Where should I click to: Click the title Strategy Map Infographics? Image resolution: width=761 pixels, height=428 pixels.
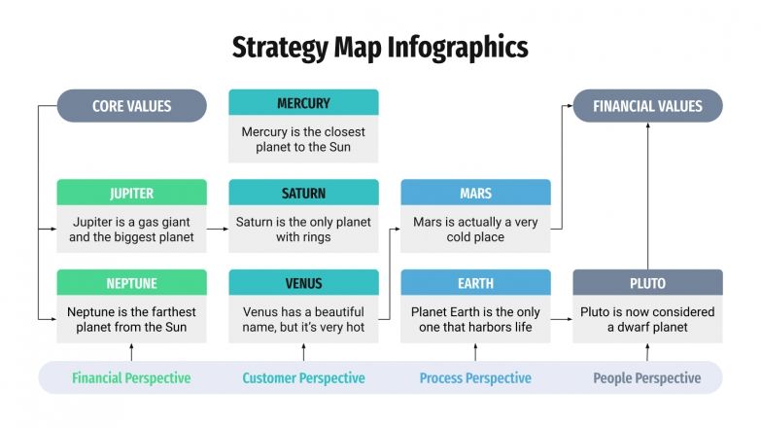pos(380,47)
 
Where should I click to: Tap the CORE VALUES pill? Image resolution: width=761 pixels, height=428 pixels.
pos(131,106)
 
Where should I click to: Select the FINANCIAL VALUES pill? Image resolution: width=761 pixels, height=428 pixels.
pos(647,106)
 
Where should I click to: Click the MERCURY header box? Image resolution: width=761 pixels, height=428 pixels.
pos(303,103)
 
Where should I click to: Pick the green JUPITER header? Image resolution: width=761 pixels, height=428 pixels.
pos(131,193)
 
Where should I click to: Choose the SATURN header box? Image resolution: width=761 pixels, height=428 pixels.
pos(303,193)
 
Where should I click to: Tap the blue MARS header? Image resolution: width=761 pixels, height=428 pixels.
pos(475,193)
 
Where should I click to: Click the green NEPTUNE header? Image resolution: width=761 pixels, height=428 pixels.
pos(131,283)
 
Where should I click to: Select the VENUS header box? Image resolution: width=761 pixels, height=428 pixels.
pos(303,283)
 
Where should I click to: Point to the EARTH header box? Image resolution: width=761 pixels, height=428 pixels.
pos(475,283)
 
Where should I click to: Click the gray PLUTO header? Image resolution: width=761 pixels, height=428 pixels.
pos(647,283)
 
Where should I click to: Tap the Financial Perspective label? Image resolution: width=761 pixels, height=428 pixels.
pos(131,378)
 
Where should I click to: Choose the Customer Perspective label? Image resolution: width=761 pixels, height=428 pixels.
pos(303,378)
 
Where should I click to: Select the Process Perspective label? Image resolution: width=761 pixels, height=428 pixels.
pos(475,378)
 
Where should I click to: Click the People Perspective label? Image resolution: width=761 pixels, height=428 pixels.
pos(647,378)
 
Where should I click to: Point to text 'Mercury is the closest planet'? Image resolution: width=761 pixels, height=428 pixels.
pos(303,139)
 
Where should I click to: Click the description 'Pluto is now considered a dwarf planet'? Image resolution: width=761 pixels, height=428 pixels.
pos(647,319)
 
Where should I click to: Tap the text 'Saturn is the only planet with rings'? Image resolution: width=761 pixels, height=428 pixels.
pos(303,230)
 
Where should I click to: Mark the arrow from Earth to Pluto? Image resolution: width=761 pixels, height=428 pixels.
pos(561,318)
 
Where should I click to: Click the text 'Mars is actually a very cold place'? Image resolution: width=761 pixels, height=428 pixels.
pos(475,230)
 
